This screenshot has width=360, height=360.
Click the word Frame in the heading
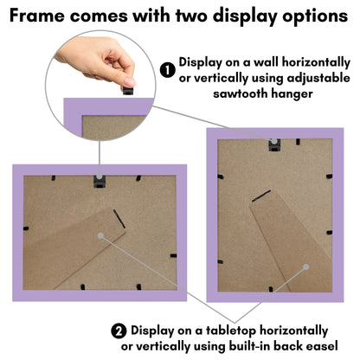point(36,16)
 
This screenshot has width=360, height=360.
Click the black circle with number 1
point(168,71)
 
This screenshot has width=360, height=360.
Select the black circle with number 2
point(119,331)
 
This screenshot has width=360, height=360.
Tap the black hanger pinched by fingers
point(128,90)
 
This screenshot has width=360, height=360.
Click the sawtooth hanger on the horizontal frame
point(100,182)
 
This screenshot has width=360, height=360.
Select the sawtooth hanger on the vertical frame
point(274,145)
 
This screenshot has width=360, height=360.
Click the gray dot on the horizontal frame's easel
point(100,236)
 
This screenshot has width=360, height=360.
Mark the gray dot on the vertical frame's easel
point(306,267)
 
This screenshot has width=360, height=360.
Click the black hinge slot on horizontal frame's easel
point(119,219)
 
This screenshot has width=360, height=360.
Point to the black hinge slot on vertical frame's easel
point(261,196)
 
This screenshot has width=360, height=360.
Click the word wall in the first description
point(266,62)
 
